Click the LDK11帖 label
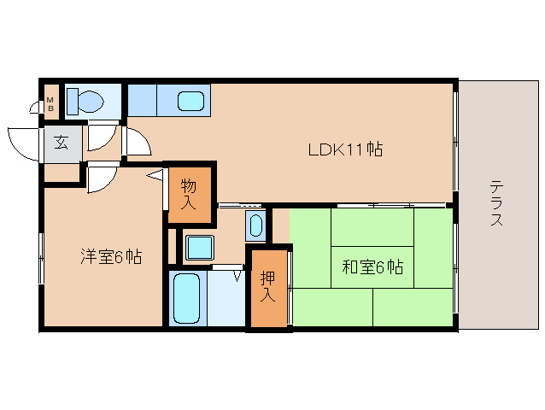pos(345,150)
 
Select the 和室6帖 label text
pos(372,267)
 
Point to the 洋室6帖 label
pos(111,256)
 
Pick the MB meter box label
pos(50,104)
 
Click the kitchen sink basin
pos(191,102)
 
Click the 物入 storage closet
pos(189,194)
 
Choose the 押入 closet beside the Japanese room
pos(267,288)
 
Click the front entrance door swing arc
pos(24,142)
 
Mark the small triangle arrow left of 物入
pos(155,176)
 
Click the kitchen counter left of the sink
pos(143,100)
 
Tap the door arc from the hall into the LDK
pos(137,143)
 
